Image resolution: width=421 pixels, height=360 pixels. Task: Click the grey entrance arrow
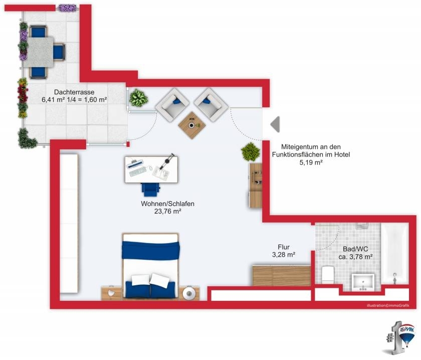click(276, 124)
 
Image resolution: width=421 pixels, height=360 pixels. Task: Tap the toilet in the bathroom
click(328, 275)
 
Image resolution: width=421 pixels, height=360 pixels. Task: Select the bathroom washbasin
click(363, 282)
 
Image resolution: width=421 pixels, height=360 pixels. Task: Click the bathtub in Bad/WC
click(395, 254)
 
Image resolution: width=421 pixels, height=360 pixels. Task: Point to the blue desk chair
click(151, 190)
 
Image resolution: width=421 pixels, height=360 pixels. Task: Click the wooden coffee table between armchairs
click(191, 125)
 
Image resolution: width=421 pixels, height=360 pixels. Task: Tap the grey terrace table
click(40, 52)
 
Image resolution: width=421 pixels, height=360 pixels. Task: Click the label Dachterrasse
click(74, 92)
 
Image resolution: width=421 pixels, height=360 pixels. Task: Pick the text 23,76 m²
click(167, 211)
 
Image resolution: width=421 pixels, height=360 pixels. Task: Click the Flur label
click(284, 247)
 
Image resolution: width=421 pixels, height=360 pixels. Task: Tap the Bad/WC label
click(355, 249)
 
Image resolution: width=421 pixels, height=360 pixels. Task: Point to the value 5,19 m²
click(311, 162)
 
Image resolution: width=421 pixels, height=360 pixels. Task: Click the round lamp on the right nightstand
click(189, 293)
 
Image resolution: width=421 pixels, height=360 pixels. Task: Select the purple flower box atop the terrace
click(67, 8)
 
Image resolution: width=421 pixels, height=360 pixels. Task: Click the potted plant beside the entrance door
click(250, 152)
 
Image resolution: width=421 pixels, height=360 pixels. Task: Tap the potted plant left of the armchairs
click(138, 98)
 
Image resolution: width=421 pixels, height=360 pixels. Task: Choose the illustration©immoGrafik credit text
click(388, 306)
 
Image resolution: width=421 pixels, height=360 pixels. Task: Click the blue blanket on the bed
click(151, 250)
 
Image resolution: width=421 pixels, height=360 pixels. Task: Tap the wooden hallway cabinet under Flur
click(282, 276)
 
